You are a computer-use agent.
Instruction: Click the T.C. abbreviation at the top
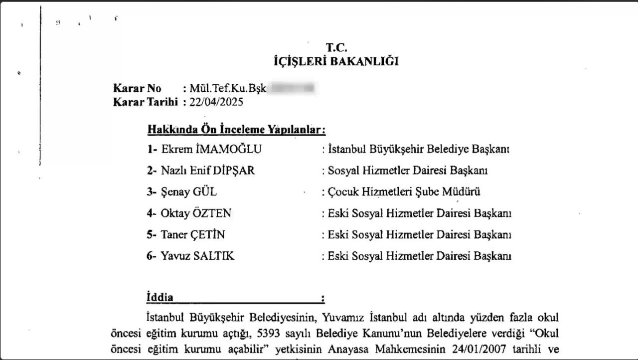coord(336,48)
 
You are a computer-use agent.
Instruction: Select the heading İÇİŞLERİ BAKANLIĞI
coord(336,62)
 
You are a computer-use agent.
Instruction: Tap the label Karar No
coord(137,89)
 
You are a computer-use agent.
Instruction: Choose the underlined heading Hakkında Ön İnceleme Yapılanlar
coord(236,130)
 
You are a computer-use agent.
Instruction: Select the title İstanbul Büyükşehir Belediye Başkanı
coord(419,150)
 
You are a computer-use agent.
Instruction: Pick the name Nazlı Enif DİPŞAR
coord(207,171)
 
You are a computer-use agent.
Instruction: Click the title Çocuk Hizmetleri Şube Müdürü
coord(404,192)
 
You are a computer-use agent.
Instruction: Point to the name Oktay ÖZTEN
coord(196,213)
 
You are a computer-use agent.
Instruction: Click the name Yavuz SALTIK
coord(197,256)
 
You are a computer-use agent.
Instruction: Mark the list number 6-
coord(152,256)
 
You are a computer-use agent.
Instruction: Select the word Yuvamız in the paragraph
coord(341,317)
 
